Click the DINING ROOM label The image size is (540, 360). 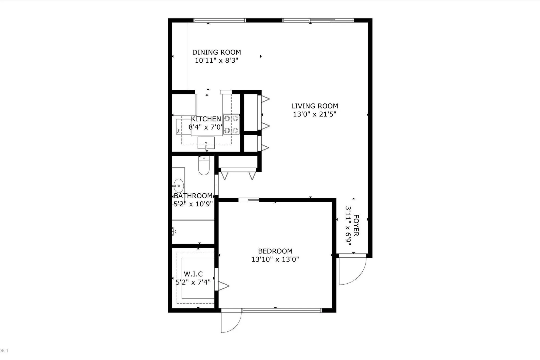tap(217, 52)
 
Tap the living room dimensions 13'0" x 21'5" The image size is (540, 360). tap(315, 114)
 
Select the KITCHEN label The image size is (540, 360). tap(206, 119)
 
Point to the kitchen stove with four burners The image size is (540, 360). tap(231, 125)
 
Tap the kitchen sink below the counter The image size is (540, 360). tap(206, 143)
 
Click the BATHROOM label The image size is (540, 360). tap(193, 196)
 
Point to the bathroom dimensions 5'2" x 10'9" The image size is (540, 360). tap(193, 204)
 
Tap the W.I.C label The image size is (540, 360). tap(193, 274)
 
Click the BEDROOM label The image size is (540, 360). tap(275, 251)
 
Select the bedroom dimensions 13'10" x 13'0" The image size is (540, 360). tap(275, 260)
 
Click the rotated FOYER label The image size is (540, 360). tap(356, 226)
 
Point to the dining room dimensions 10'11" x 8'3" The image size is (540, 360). tap(217, 60)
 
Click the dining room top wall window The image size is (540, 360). tap(220, 20)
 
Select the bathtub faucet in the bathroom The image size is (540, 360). tap(174, 231)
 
